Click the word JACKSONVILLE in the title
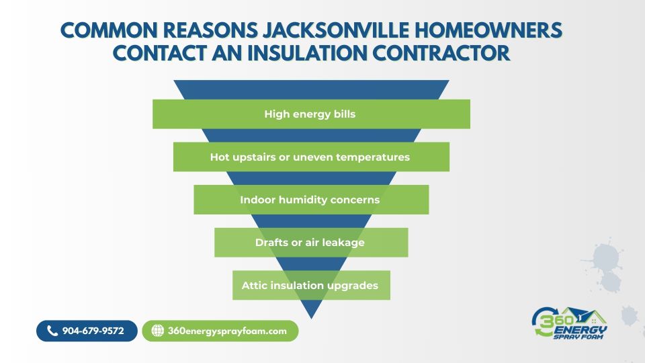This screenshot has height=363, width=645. (336, 30)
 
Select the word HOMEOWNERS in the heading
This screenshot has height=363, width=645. (488, 30)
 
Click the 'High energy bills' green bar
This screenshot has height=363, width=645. (311, 114)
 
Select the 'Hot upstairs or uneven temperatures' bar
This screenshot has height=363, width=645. (311, 157)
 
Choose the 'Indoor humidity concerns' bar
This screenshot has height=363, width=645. (311, 200)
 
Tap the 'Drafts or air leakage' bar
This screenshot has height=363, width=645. (311, 243)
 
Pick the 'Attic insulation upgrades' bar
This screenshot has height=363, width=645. (311, 285)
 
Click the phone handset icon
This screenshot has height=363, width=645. (52, 331)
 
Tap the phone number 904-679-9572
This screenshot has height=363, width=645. (93, 331)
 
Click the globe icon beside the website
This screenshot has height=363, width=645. (157, 331)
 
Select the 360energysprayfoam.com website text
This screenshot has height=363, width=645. (227, 331)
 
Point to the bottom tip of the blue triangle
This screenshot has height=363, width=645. (311, 319)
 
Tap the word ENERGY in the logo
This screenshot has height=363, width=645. (580, 330)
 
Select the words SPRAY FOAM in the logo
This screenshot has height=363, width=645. (578, 337)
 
